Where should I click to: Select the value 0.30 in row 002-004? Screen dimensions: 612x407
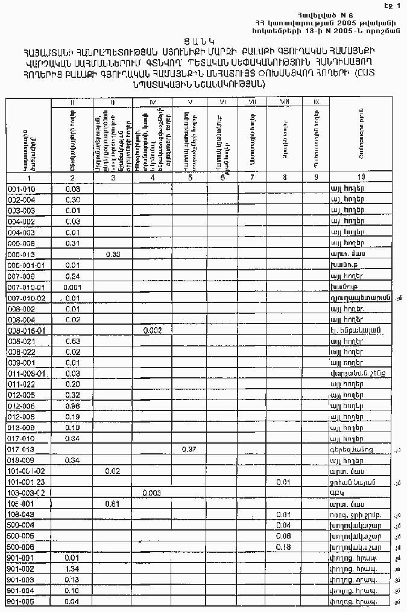click(72, 200)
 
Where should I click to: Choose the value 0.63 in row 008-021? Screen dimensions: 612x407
click(72, 341)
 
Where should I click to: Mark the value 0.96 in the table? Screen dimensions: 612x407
click(72, 406)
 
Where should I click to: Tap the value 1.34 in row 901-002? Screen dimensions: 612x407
click(72, 569)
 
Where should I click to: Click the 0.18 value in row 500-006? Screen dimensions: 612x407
click(283, 547)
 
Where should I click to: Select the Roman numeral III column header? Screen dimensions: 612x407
click(112, 101)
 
